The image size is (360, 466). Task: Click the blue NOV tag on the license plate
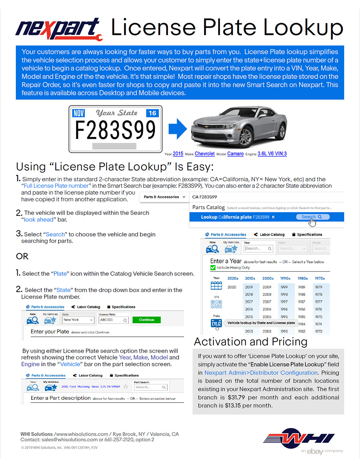coord(78,113)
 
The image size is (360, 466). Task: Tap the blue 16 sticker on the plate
coord(152,113)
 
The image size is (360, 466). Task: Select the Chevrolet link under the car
coord(205,154)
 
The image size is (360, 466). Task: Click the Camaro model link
coord(235,154)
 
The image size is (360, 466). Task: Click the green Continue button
coord(147,320)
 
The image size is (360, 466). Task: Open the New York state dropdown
coord(78,320)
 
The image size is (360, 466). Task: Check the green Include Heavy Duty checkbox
coord(213,267)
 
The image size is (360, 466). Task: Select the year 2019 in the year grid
coord(249,287)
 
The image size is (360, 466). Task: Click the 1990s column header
coord(285,278)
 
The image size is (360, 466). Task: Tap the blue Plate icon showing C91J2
coord(217,324)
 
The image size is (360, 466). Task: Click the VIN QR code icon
coord(217,304)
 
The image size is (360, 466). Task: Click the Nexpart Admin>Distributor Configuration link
coord(261,372)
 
